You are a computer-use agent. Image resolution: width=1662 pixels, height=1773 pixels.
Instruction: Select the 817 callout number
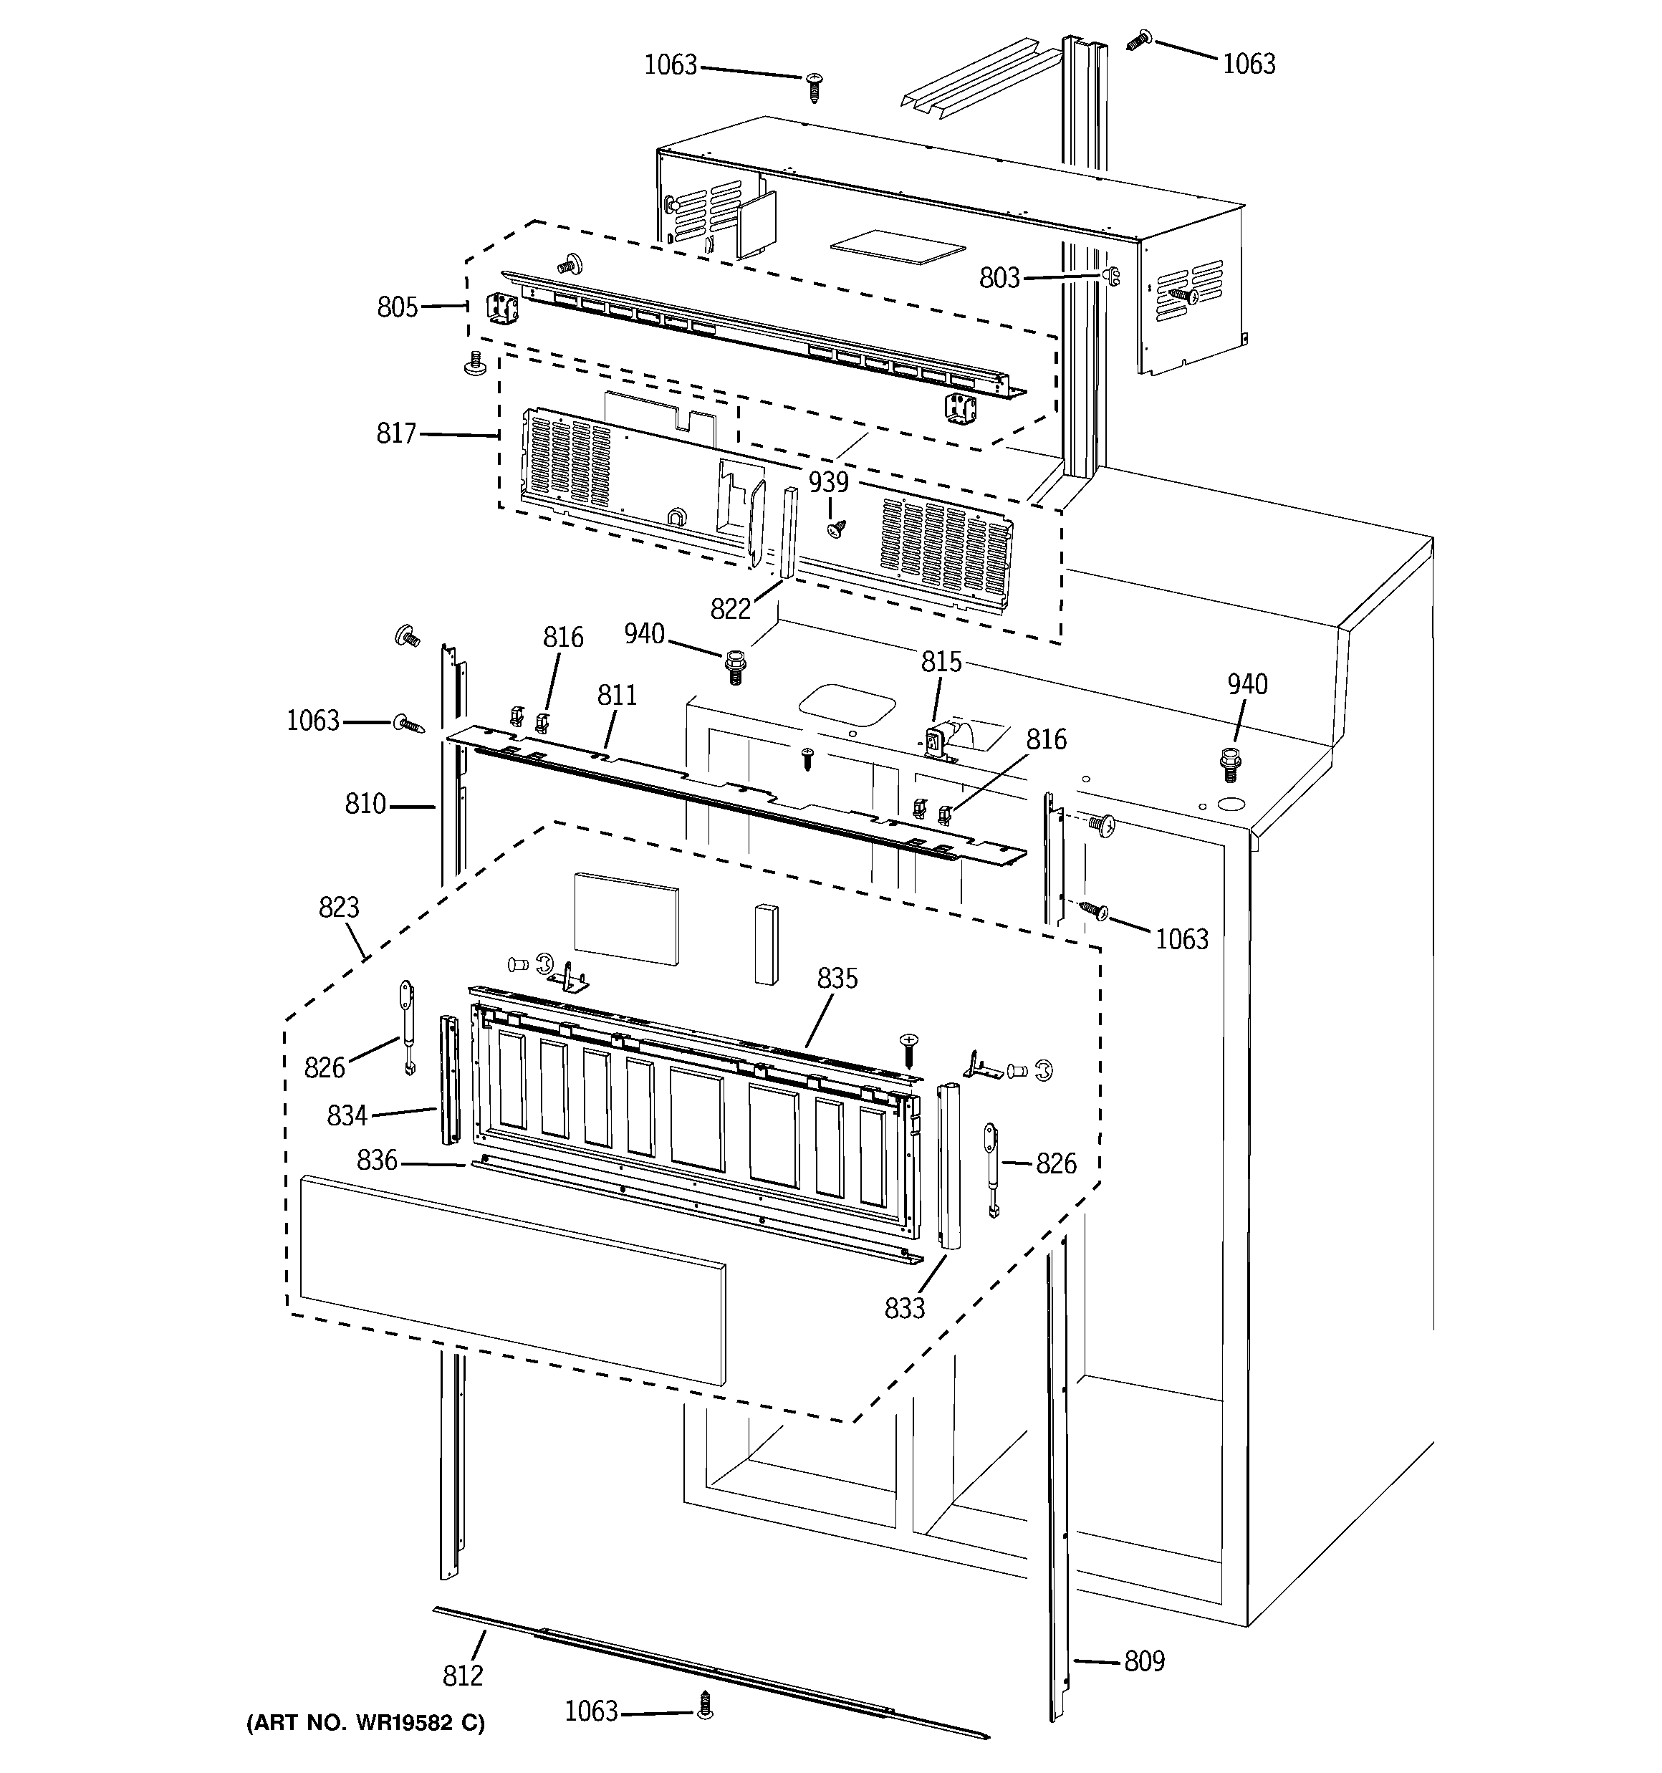click(x=396, y=433)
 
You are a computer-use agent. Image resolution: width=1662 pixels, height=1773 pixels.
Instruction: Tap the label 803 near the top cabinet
click(x=999, y=278)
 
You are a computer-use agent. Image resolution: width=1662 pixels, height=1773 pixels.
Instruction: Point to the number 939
click(x=828, y=483)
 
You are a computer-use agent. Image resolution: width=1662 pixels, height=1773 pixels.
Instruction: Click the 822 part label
click(x=731, y=609)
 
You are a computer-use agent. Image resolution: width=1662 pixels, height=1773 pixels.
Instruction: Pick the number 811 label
click(x=617, y=695)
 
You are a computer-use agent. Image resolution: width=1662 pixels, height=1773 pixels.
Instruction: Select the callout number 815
click(x=941, y=662)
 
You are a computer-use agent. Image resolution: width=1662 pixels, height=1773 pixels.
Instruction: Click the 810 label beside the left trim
click(x=365, y=804)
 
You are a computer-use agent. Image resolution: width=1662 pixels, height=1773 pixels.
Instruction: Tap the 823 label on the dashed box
click(x=338, y=908)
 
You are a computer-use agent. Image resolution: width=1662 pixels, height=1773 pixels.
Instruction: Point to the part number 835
click(x=837, y=979)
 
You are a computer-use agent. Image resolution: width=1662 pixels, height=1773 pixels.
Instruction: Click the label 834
click(x=347, y=1115)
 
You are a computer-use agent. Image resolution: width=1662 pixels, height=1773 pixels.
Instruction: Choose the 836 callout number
click(x=377, y=1161)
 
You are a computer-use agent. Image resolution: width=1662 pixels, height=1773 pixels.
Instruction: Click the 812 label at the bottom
click(x=462, y=1676)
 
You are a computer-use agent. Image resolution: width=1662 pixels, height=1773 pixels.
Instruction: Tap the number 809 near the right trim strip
click(x=1143, y=1661)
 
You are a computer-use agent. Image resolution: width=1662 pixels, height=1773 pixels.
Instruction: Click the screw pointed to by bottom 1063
click(x=705, y=1706)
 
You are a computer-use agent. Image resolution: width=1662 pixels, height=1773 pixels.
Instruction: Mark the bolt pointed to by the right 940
click(x=1231, y=761)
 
